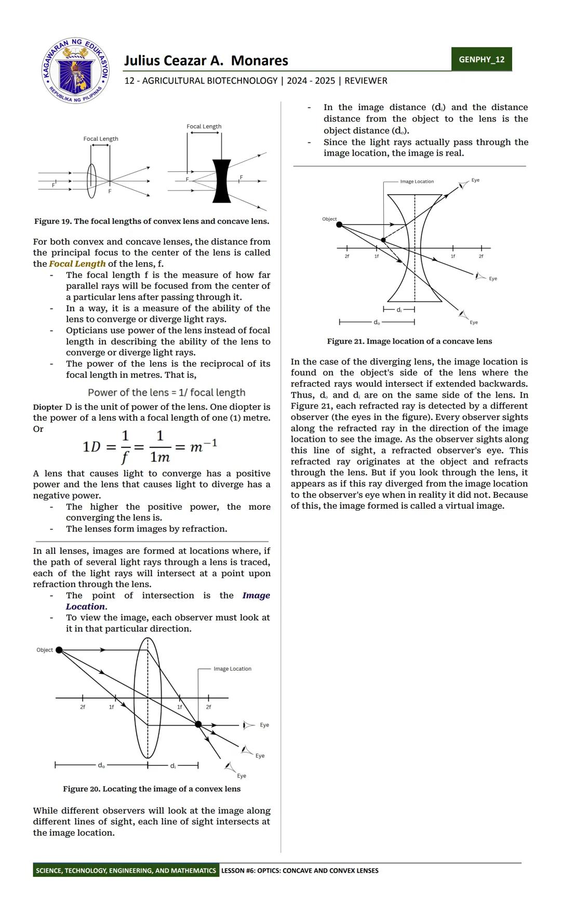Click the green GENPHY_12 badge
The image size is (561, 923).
(481, 59)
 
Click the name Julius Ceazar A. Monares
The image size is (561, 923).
(206, 61)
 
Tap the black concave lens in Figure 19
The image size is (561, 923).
(222, 181)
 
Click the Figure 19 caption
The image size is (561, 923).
(151, 222)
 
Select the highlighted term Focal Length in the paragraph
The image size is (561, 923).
(77, 264)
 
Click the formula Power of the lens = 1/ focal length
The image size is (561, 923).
(166, 393)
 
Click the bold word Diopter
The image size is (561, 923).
(48, 407)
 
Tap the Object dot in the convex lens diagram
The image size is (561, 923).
(59, 650)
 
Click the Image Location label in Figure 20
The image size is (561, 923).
(232, 669)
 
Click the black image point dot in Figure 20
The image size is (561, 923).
(198, 724)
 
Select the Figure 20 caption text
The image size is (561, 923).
(152, 789)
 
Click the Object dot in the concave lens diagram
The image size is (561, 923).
(339, 224)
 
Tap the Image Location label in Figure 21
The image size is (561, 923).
(417, 182)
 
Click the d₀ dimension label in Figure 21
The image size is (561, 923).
(377, 322)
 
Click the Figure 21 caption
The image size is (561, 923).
(409, 342)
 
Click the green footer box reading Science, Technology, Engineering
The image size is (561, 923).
(126, 871)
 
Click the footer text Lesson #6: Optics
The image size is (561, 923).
(300, 871)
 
